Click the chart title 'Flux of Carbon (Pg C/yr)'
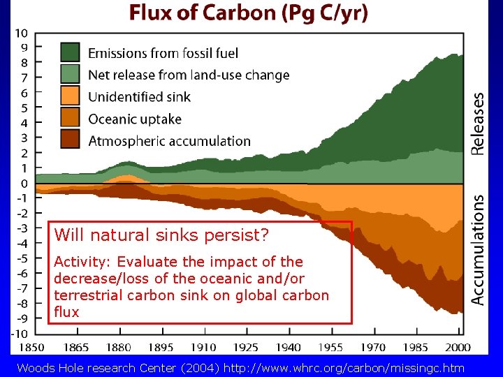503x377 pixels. click(247, 14)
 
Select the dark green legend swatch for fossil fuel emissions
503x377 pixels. click(71, 53)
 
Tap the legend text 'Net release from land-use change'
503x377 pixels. click(189, 75)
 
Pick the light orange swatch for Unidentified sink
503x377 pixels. click(71, 96)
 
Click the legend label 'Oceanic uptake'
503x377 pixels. click(135, 119)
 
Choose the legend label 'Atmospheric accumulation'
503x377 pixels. click(169, 141)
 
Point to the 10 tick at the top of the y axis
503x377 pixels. click(22, 33)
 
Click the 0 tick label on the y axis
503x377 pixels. click(24, 183)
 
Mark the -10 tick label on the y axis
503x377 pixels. click(20, 333)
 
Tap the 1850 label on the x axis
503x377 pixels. click(32, 347)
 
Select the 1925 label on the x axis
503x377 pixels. click(245, 347)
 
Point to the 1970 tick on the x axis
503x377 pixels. click(374, 347)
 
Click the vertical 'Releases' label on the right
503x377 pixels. click(478, 124)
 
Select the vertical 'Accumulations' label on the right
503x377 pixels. click(478, 249)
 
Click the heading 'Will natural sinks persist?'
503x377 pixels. click(161, 235)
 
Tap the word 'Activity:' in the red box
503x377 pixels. click(84, 262)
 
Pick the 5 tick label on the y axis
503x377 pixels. click(24, 108)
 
